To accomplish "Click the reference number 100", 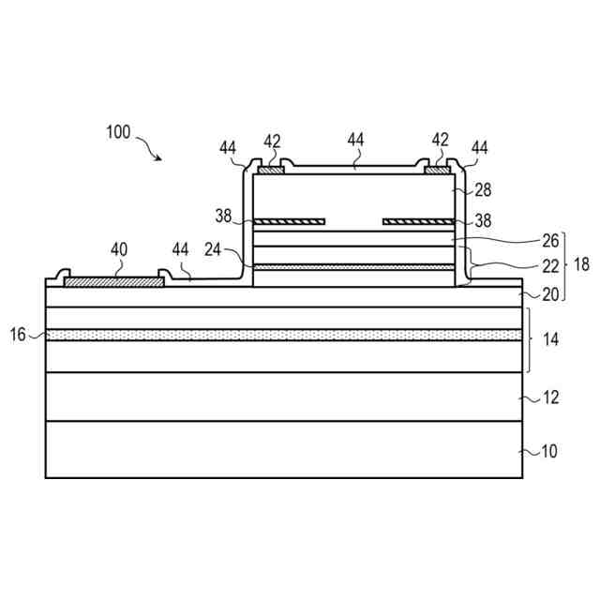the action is [118, 132].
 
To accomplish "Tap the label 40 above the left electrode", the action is [118, 249].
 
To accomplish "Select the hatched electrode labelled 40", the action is [113, 279].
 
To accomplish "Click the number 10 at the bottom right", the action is [548, 451].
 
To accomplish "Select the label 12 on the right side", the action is [550, 397].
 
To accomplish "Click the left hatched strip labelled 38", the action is [291, 222].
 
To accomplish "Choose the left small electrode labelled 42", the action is [270, 171].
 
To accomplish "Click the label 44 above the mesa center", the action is [355, 140].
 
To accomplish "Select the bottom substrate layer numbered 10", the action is [281, 449].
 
